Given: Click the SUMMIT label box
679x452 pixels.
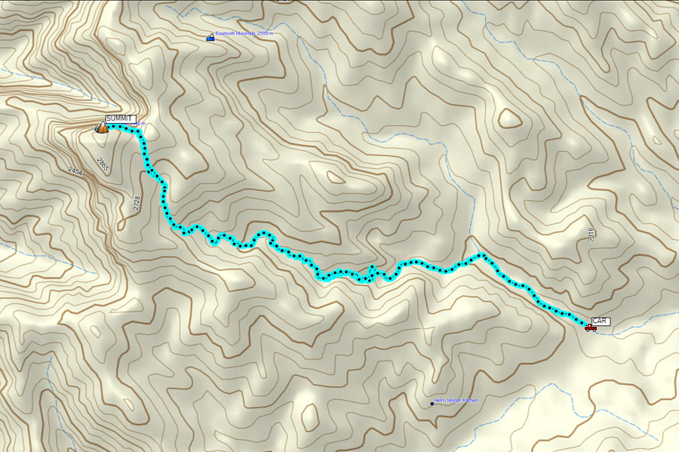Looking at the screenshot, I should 121,119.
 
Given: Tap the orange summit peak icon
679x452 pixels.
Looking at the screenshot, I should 101,128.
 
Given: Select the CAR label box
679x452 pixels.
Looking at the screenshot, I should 601,321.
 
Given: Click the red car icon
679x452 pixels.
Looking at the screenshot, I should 590,327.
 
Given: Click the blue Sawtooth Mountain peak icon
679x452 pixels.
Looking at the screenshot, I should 210,36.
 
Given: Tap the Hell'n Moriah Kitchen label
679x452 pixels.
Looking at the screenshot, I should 457,401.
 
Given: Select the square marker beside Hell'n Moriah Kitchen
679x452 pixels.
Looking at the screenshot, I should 432,404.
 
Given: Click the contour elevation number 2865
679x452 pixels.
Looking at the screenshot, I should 101,165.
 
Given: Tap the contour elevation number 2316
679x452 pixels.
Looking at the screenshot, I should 591,235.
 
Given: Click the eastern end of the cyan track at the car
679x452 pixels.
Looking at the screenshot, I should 585,324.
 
